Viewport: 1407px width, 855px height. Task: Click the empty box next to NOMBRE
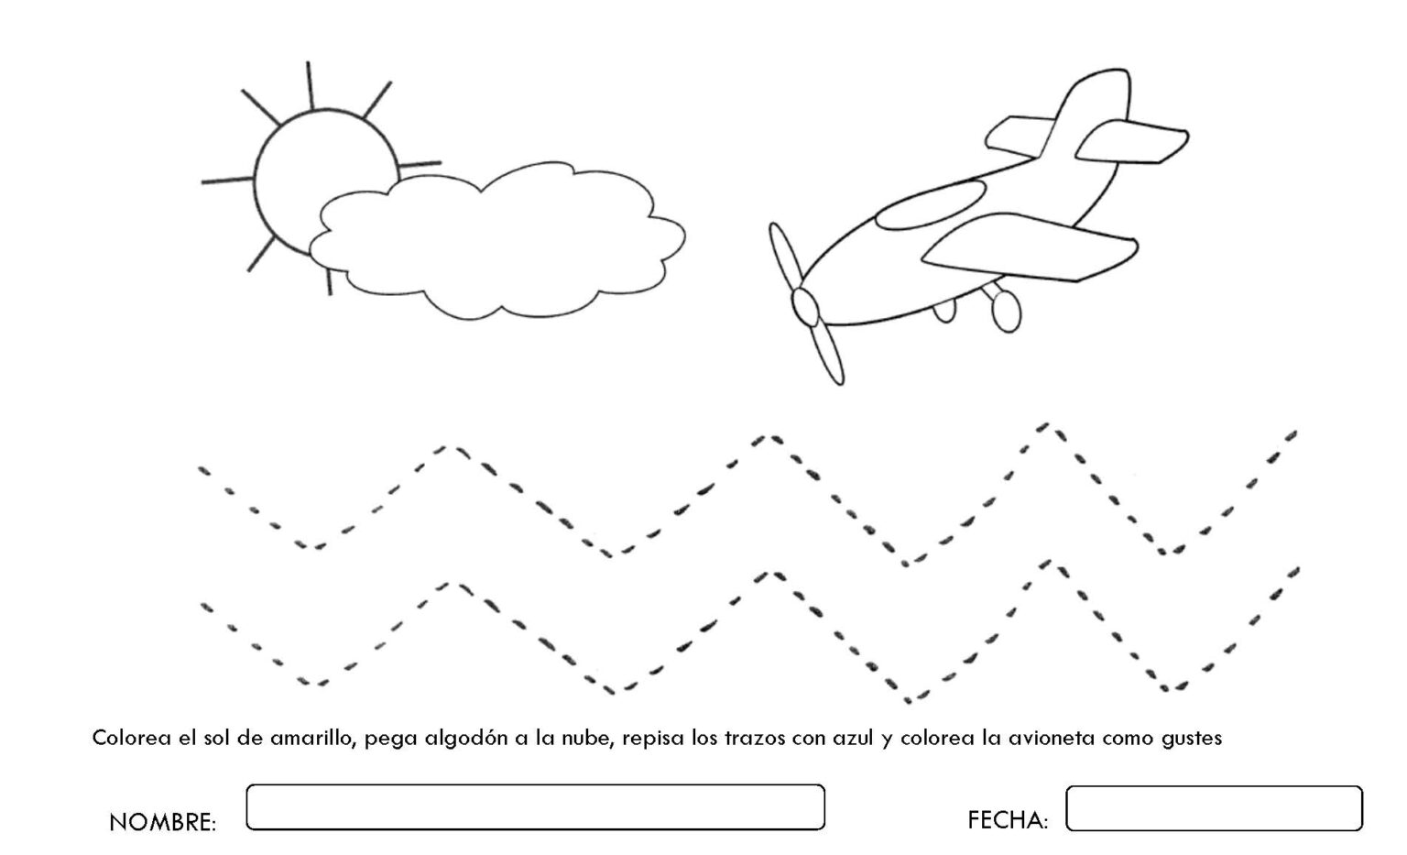point(535,806)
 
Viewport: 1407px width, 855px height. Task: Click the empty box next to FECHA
point(1214,808)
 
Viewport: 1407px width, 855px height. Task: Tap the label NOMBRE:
point(163,822)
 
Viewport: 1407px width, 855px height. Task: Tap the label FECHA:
point(1008,820)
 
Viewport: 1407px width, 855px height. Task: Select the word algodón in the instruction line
point(464,738)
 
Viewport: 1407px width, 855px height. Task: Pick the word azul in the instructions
point(853,738)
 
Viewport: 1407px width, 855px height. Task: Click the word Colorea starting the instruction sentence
point(131,738)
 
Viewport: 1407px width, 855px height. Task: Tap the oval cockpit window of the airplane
point(931,204)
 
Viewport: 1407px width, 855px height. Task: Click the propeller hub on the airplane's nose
point(805,307)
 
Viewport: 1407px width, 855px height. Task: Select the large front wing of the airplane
point(1031,247)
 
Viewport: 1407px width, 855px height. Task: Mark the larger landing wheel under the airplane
point(1007,311)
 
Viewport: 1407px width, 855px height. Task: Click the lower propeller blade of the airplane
point(826,354)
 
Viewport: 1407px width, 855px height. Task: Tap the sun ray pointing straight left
point(227,181)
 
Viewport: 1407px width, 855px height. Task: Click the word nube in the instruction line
point(587,738)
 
